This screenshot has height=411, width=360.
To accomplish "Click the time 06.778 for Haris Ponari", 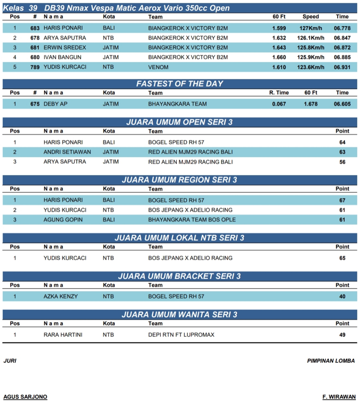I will (342, 28).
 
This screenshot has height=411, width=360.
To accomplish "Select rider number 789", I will (35, 67).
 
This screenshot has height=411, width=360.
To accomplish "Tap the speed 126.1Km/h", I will (311, 38).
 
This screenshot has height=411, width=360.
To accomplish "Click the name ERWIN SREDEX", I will (65, 48).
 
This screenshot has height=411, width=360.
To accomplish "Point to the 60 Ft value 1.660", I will (279, 57).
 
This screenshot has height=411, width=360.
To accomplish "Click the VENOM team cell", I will (158, 67).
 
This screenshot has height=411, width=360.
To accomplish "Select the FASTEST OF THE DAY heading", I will (180, 84).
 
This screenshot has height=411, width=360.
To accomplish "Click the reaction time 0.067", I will (279, 104).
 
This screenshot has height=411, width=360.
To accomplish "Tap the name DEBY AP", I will (56, 104).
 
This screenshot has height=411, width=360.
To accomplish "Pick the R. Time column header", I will (279, 93).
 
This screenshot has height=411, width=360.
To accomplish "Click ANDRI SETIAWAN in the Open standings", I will (67, 152).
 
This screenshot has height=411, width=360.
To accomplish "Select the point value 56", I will (342, 162).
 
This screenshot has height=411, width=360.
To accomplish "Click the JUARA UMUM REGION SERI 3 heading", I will (180, 180).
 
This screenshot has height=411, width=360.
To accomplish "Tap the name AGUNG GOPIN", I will (63, 220).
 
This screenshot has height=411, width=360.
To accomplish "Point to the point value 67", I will (342, 200).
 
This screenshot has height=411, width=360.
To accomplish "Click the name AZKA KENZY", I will (61, 296).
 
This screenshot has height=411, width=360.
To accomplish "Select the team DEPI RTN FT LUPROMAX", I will (181, 335).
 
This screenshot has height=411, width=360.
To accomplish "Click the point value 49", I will (342, 335).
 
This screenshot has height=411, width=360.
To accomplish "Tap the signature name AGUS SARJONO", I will (25, 397).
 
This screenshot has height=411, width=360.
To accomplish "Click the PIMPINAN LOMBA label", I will (331, 361).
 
